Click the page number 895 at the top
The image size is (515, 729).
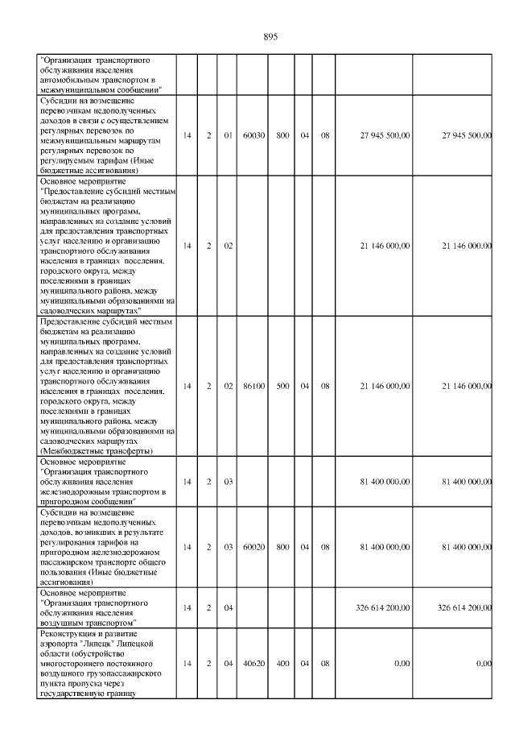click(270, 36)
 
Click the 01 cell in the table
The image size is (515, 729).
click(229, 135)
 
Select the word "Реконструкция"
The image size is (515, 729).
click(68, 634)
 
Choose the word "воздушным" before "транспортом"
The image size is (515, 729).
click(60, 623)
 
